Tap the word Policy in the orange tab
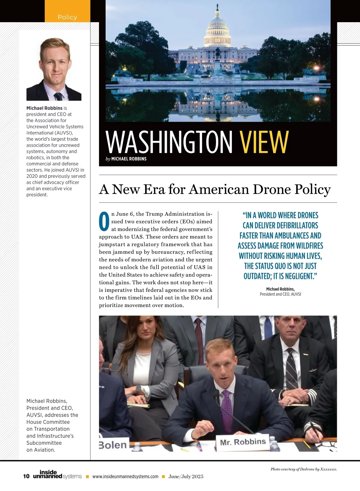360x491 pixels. tap(67, 17)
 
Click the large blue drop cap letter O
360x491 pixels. tap(104, 222)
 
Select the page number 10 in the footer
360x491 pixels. tap(26, 476)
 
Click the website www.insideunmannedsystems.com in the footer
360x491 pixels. tap(125, 477)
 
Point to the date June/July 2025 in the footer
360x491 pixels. tap(186, 477)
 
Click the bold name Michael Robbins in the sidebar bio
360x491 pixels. tap(44, 108)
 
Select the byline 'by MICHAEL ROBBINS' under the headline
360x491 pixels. tap(126, 159)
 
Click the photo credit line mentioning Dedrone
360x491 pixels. tap(304, 469)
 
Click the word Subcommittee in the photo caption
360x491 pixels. tap(44, 443)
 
